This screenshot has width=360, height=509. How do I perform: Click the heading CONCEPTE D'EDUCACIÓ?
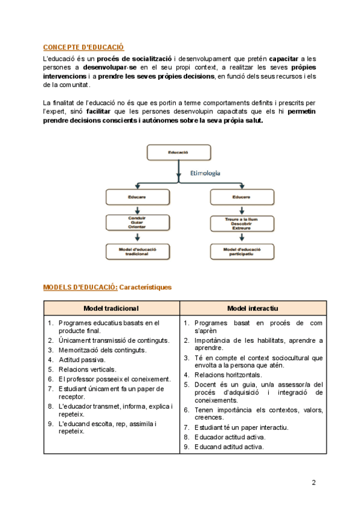pos(83,47)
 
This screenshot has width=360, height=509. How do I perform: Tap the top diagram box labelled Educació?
pos(178,153)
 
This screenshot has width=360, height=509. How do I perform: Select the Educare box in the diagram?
pos(138,196)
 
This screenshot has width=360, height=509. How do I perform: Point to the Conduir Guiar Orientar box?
pos(138,223)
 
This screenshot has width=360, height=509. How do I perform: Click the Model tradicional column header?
pos(111,308)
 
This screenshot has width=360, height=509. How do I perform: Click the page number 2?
pos(313,482)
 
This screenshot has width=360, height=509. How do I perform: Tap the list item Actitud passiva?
pos(82,360)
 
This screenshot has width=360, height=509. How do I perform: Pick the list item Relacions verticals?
pos(88,369)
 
